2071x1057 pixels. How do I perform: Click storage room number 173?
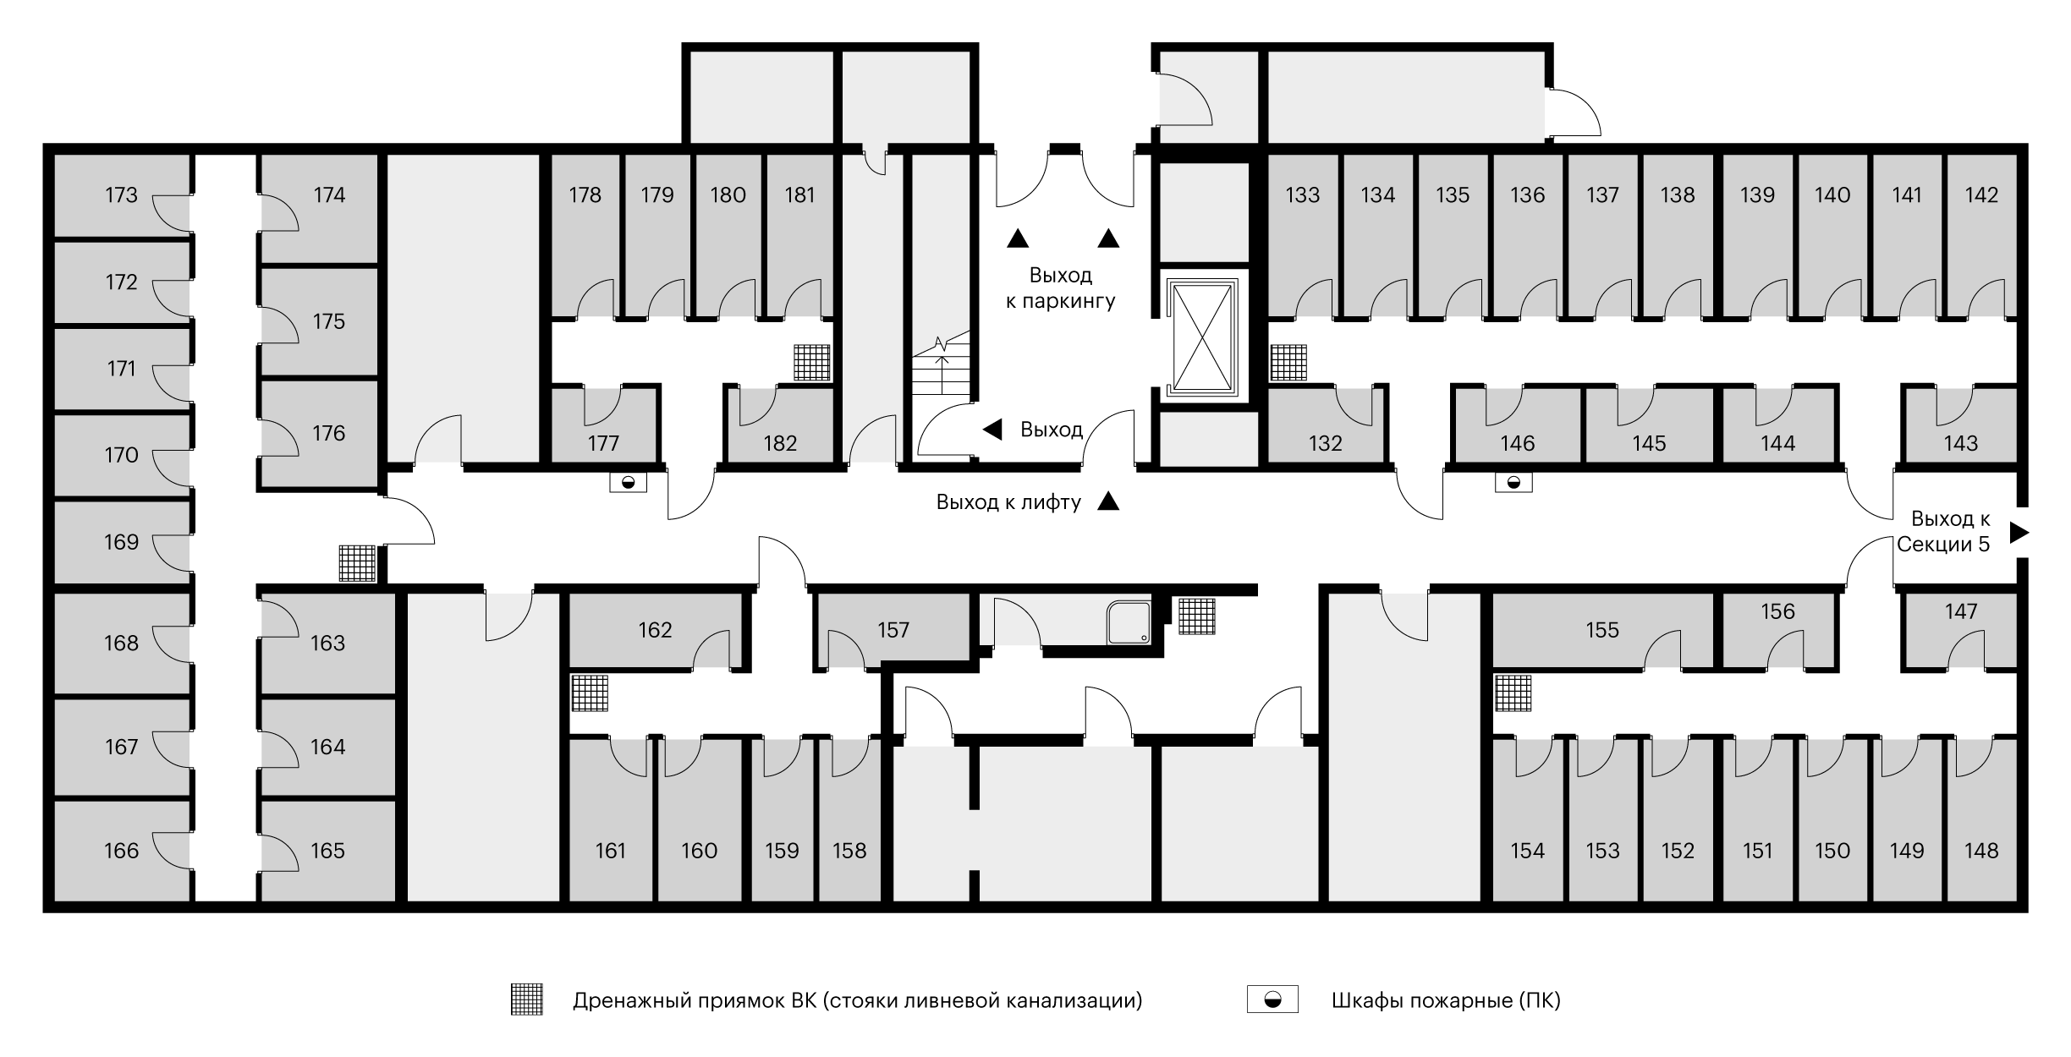tap(121, 195)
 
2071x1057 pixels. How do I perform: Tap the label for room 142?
tap(1981, 195)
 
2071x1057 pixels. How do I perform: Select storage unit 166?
tap(121, 851)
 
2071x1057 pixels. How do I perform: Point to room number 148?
tap(1981, 851)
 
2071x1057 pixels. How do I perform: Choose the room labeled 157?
tap(893, 630)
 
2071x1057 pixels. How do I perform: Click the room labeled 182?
tap(780, 443)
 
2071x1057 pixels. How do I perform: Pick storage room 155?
tap(1602, 630)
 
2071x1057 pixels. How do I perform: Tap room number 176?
tap(328, 434)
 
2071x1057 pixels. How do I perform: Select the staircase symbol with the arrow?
tap(941, 364)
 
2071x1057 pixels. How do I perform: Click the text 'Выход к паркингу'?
tap(1061, 288)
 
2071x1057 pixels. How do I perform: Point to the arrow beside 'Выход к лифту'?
tap(1108, 502)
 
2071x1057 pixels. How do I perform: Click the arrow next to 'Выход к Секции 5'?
tap(2019, 532)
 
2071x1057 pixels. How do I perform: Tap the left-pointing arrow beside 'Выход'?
tap(992, 430)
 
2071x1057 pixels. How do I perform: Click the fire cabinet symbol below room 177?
tap(628, 483)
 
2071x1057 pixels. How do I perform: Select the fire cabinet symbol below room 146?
tap(1513, 483)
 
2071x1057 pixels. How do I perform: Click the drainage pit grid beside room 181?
tap(812, 363)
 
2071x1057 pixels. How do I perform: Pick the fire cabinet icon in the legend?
tap(1272, 999)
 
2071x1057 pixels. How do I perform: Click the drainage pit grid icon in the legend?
tap(527, 999)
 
